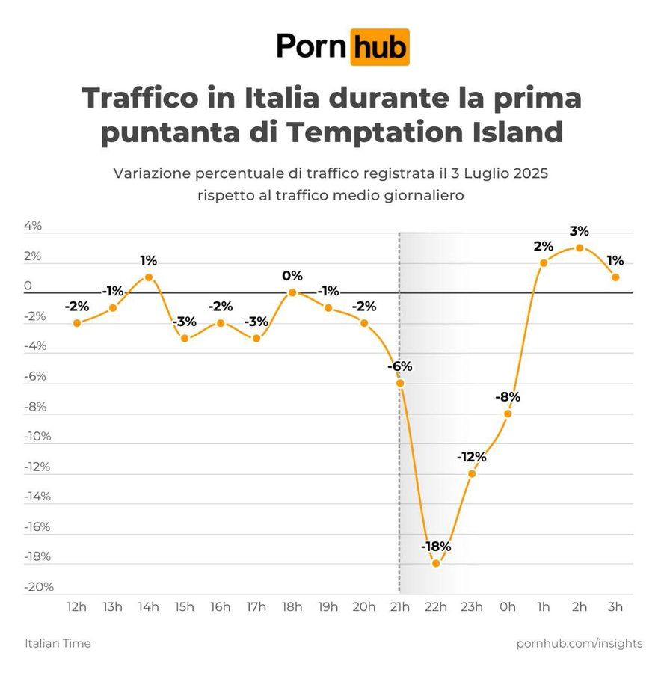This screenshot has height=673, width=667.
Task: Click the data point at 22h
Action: click(x=436, y=563)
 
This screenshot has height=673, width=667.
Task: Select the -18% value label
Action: click(x=436, y=547)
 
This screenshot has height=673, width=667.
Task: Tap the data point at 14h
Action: click(x=149, y=277)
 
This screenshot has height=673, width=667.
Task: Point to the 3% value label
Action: click(x=579, y=231)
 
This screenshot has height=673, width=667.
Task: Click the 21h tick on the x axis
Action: click(x=399, y=606)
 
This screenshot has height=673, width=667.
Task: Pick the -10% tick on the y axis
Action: click(x=38, y=437)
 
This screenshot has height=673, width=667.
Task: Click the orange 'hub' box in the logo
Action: click(x=380, y=47)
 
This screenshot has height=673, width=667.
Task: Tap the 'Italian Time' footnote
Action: click(x=58, y=643)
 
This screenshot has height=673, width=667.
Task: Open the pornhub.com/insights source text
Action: click(x=579, y=643)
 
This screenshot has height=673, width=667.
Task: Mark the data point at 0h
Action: click(x=508, y=413)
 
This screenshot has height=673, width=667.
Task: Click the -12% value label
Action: click(x=472, y=457)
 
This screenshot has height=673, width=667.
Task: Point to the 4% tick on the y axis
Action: click(x=33, y=226)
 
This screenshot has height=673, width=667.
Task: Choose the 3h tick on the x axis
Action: click(x=615, y=606)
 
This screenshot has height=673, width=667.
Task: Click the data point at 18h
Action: click(x=292, y=292)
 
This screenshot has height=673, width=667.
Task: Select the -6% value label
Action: click(x=399, y=366)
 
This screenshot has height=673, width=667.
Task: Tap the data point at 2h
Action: click(x=580, y=248)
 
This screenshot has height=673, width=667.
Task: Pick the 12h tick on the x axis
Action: click(x=77, y=606)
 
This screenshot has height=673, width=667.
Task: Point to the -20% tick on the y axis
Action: click(x=38, y=587)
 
